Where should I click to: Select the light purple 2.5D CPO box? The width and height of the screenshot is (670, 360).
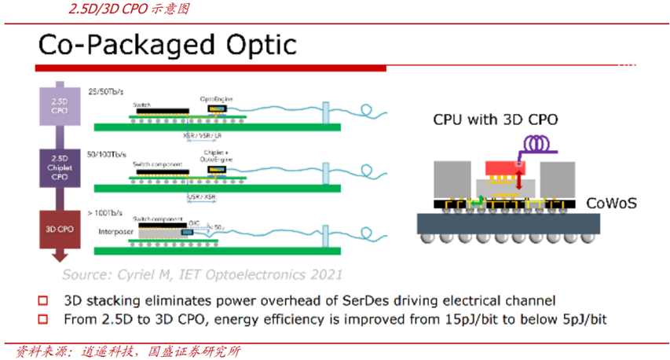(54, 105)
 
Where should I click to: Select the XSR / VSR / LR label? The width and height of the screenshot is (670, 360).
(203, 135)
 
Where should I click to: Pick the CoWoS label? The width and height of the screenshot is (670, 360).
(611, 204)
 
